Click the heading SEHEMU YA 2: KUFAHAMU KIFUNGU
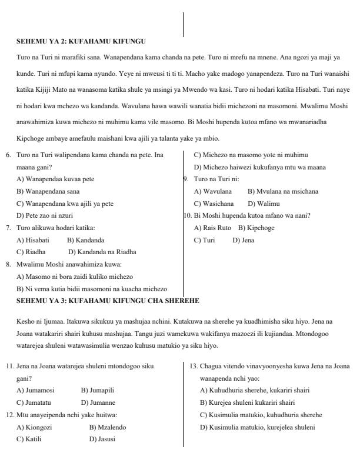coord(81,41)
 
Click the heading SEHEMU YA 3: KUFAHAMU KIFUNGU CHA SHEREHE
coord(108,301)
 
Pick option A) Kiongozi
coord(34,427)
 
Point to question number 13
coord(194,366)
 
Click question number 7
coord(9,228)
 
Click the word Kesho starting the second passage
coord(23,321)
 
